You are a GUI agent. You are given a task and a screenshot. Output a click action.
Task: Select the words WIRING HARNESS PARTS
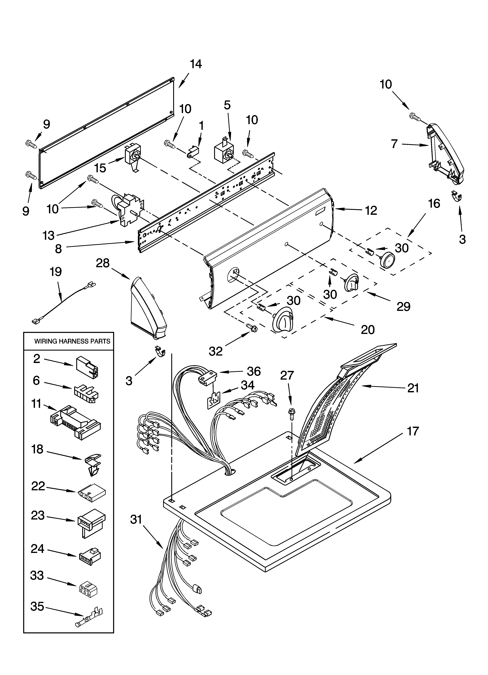(72, 341)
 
